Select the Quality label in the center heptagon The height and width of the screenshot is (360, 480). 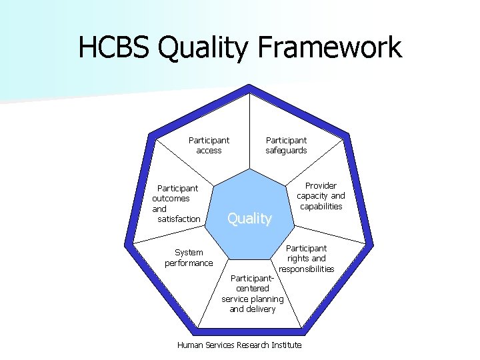249,218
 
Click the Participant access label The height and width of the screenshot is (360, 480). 209,145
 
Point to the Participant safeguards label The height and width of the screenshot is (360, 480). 286,145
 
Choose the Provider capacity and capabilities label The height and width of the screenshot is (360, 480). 321,196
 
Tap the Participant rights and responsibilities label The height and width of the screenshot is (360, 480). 306,259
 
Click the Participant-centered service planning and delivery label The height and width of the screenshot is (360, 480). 252,293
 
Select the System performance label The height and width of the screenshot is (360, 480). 189,258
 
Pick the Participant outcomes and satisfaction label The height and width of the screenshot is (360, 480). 177,203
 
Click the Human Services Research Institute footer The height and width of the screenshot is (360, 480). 239,345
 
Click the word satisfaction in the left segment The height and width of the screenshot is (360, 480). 179,219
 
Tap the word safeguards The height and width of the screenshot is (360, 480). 286,151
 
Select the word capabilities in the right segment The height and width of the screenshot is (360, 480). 321,207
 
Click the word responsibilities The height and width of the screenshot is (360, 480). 306,269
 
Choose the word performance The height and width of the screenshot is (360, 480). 189,263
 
